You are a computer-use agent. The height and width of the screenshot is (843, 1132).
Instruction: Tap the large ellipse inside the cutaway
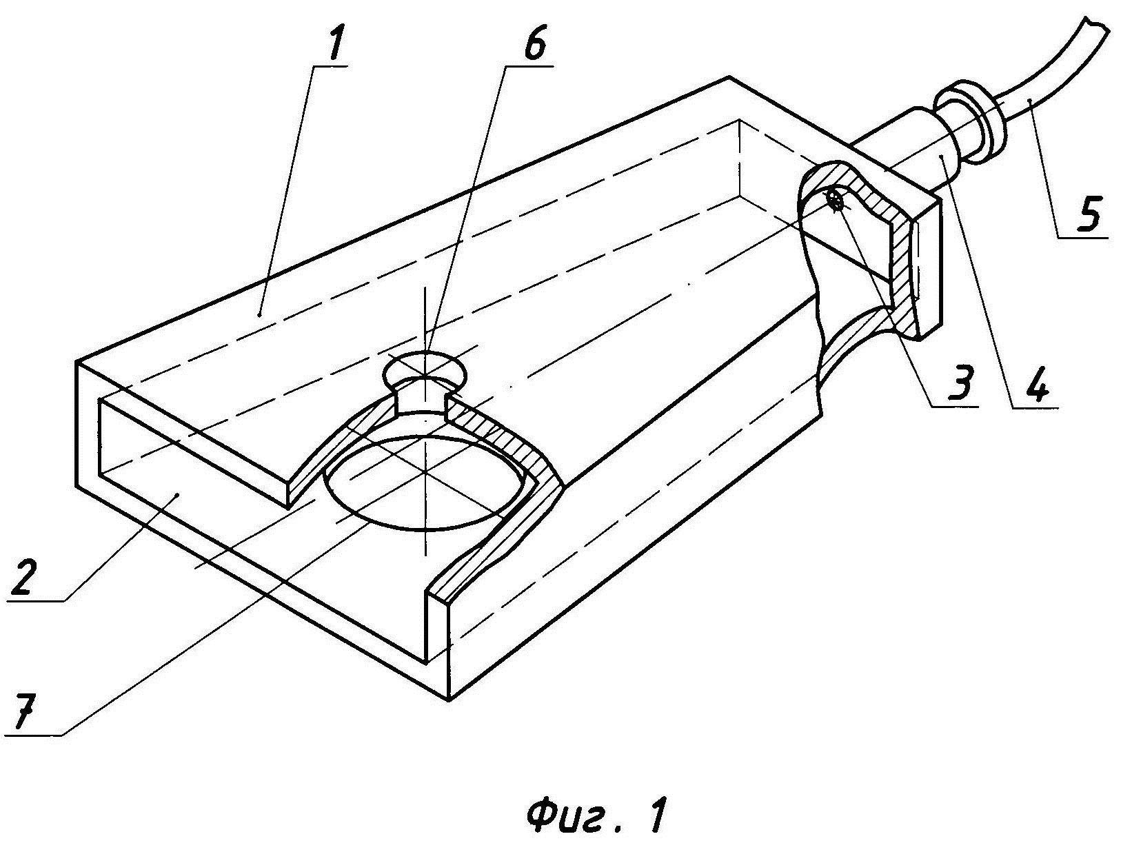click(x=426, y=483)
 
